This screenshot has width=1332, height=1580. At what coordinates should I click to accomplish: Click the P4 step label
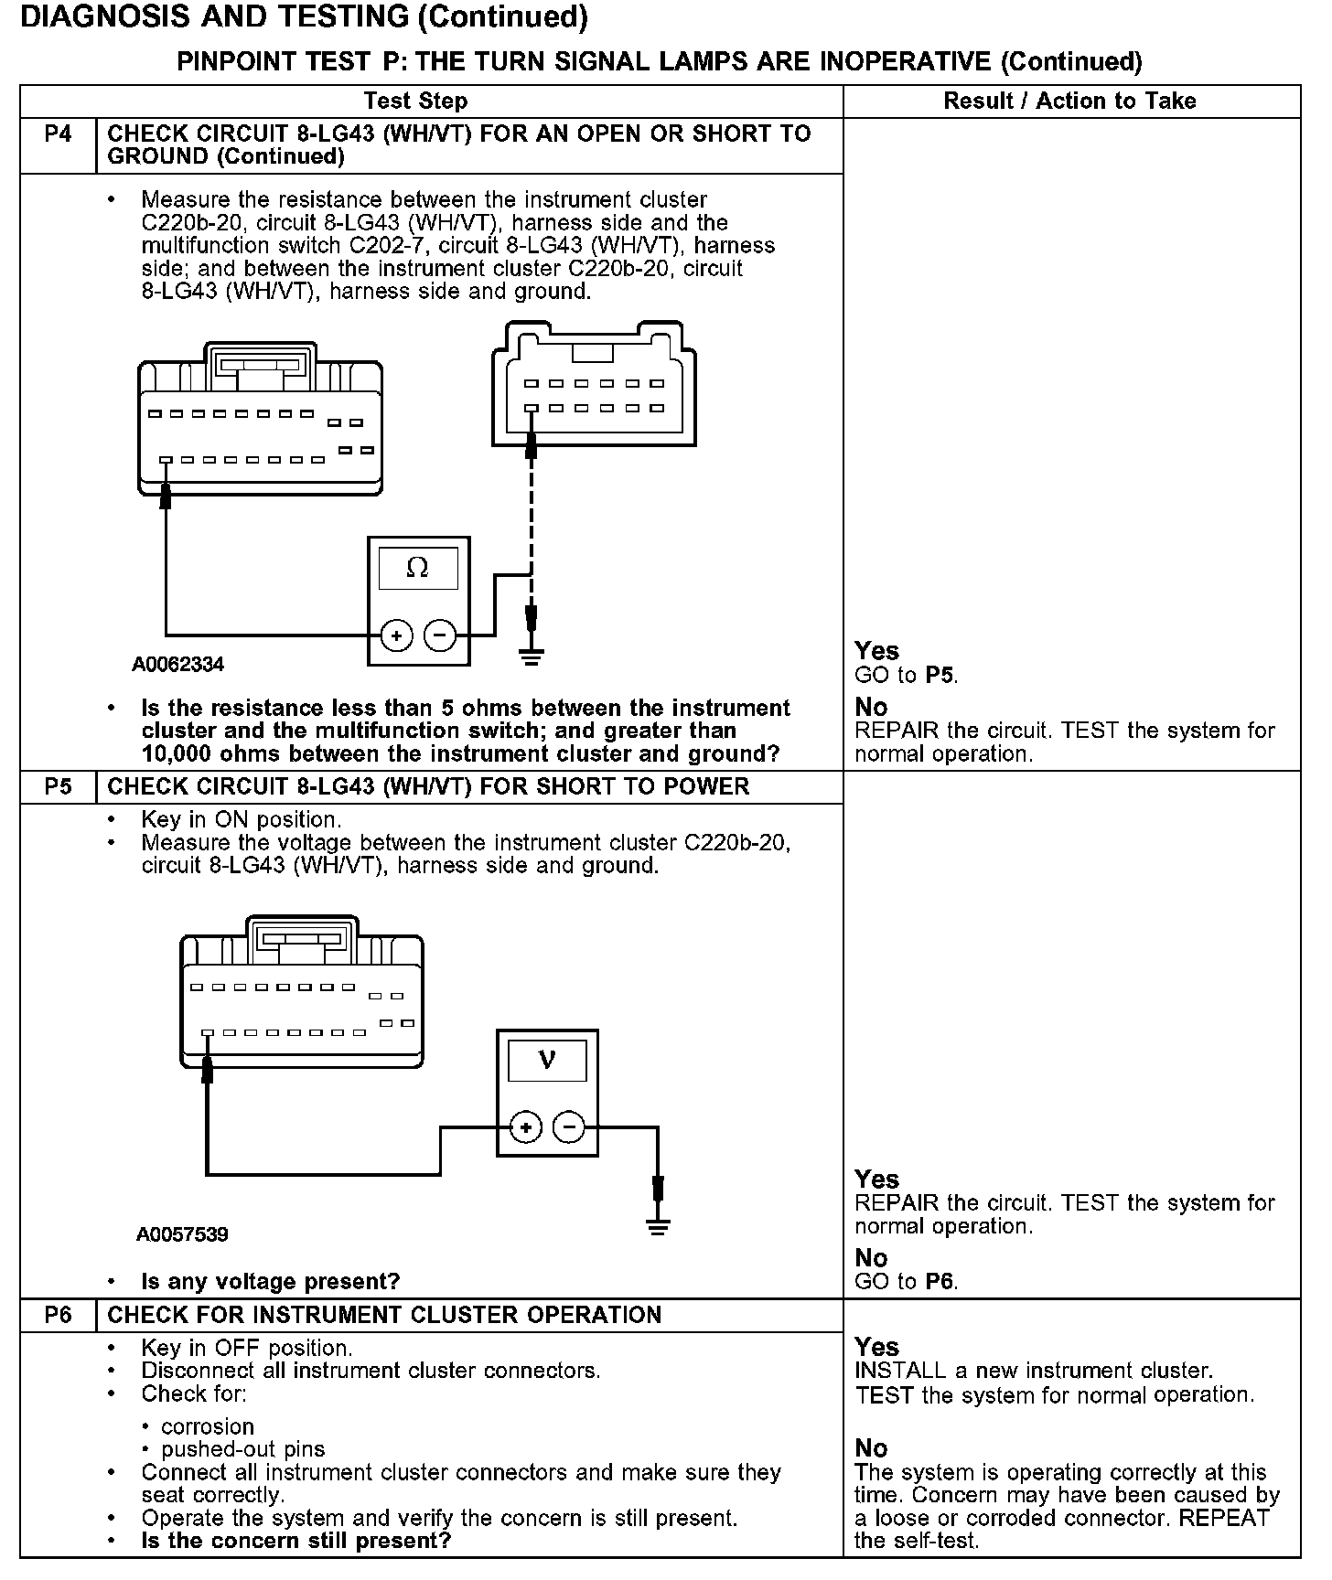[x=58, y=134]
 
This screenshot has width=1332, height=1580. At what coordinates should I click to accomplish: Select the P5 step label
[x=58, y=787]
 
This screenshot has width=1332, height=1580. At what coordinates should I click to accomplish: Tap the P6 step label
[x=58, y=1316]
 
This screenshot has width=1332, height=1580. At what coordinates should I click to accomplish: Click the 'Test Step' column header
[x=415, y=101]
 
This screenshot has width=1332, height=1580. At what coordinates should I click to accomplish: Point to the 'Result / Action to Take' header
[x=1070, y=101]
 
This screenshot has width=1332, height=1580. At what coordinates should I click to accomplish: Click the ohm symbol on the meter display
[x=417, y=568]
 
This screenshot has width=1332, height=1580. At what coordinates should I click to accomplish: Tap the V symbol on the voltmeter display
[x=547, y=1060]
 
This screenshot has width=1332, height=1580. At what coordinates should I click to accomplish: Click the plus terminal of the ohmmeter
[x=396, y=635]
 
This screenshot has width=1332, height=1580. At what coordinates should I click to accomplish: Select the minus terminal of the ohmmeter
[x=440, y=635]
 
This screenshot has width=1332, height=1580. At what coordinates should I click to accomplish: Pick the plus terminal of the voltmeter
[x=525, y=1127]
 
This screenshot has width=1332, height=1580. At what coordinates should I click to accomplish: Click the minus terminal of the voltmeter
[x=569, y=1127]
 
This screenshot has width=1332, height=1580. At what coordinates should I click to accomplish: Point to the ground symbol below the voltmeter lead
[x=657, y=1227]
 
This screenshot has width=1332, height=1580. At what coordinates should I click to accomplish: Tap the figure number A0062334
[x=178, y=665]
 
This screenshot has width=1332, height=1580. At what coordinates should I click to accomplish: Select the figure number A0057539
[x=182, y=1234]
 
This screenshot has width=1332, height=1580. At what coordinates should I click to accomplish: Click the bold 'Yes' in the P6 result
[x=877, y=1347]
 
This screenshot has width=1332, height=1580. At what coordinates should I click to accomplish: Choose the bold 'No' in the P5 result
[x=872, y=1258]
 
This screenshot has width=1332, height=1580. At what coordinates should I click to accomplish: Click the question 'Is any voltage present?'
[x=271, y=1282]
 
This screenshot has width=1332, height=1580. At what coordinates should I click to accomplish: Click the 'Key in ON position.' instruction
[x=242, y=819]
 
